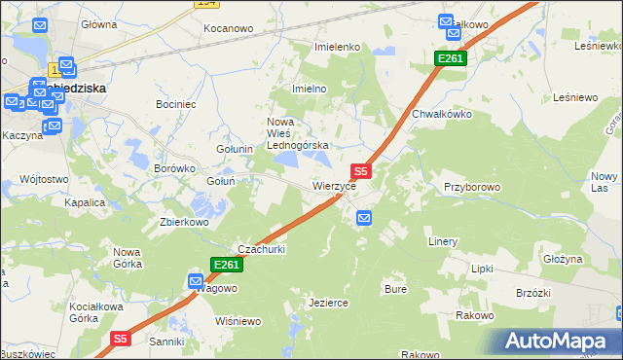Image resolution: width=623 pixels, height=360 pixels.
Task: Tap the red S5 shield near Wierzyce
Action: coord(360,170)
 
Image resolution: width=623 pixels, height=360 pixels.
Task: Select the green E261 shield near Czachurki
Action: coord(226,265)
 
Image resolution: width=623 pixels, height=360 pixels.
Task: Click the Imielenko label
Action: coord(337,47)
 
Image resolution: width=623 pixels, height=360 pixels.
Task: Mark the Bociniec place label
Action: coord(177,103)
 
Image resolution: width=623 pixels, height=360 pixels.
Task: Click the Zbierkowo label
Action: coord(185,221)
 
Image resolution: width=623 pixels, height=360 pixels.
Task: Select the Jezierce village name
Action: coord(328,303)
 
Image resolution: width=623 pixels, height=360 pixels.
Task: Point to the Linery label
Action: coord(443,241)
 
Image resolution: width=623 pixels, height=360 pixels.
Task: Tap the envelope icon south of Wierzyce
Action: coord(363,218)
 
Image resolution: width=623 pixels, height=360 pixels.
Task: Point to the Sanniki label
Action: coord(165,342)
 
